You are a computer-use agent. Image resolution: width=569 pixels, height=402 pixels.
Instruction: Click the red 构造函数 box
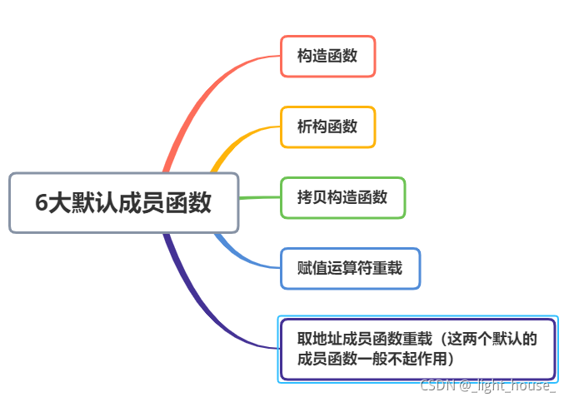point(327,57)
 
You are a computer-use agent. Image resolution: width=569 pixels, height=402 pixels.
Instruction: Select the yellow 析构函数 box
point(327,127)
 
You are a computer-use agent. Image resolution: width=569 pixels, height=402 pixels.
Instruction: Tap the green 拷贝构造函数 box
point(342,197)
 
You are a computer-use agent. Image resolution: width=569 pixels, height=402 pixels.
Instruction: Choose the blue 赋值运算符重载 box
point(350,268)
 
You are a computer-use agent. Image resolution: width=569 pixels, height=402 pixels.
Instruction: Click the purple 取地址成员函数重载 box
point(417,349)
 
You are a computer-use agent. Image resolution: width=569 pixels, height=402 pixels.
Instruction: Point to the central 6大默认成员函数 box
point(123,202)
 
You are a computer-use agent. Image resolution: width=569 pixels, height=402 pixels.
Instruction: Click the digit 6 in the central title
point(42,203)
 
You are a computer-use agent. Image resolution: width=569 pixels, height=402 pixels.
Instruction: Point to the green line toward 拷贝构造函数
point(258,198)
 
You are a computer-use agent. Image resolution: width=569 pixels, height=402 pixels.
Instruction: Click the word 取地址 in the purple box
point(319,339)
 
